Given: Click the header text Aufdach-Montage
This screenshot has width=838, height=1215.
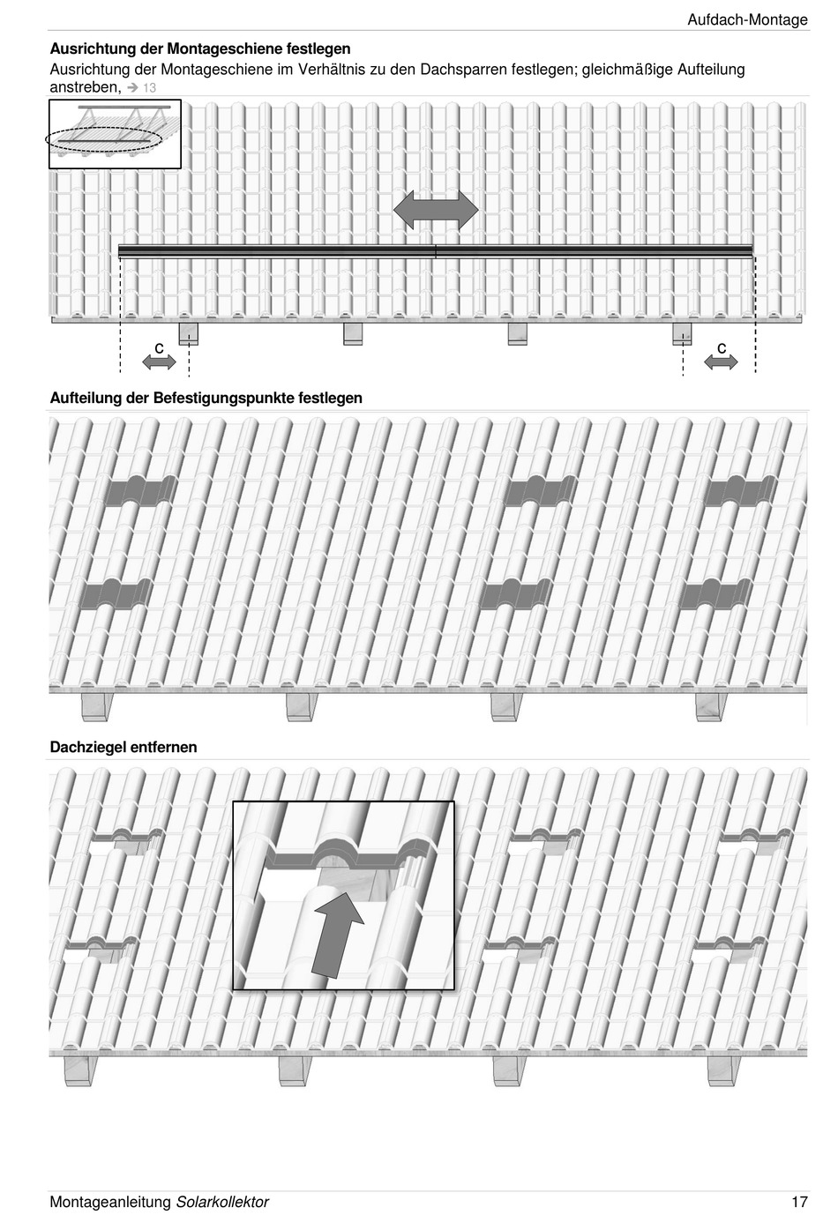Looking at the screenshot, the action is (747, 19).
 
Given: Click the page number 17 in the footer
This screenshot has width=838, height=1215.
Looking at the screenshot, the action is (799, 1202).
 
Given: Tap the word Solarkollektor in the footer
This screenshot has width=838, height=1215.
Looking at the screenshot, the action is (222, 1202).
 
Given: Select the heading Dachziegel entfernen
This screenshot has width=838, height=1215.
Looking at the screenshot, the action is (123, 747).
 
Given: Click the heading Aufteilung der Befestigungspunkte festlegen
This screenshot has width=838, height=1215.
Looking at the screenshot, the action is (206, 398).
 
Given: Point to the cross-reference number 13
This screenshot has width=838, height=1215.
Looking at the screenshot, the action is (149, 88).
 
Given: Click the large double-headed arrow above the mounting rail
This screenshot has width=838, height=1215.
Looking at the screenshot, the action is (436, 211).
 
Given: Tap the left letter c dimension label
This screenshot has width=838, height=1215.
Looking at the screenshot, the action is (159, 348).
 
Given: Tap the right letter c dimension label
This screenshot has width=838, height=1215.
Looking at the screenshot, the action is (722, 348).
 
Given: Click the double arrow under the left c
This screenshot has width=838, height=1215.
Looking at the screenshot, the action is (159, 362).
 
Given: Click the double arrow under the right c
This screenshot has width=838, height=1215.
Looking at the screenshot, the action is (721, 361).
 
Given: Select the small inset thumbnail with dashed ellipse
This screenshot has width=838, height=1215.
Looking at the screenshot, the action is (115, 133).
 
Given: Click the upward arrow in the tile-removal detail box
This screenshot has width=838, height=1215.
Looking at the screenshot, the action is (337, 935).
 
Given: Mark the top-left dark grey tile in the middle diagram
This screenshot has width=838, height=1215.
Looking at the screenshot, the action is (141, 490).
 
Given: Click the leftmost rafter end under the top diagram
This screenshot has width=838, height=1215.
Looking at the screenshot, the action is (189, 334).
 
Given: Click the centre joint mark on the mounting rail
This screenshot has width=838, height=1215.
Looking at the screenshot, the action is (436, 251).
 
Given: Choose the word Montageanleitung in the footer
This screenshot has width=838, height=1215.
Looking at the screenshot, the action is (110, 1202).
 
